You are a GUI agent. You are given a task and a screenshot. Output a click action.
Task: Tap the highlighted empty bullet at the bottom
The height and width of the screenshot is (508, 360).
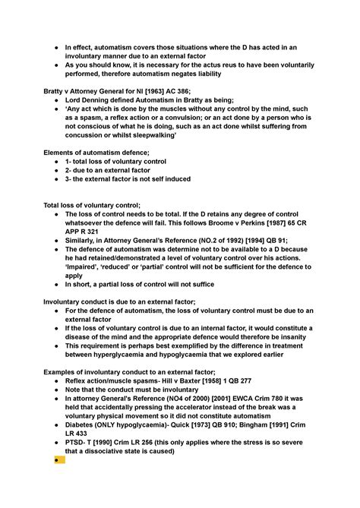(x=59, y=460)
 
